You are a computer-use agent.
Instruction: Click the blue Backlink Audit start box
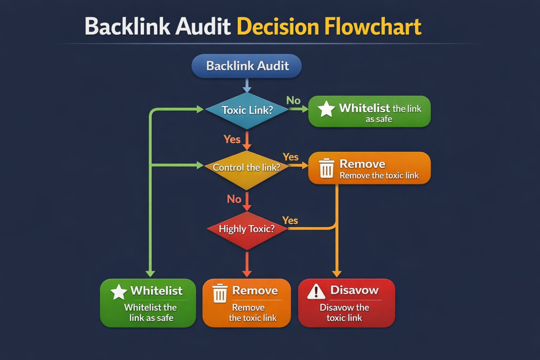click(246, 66)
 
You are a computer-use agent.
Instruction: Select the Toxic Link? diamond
click(246, 110)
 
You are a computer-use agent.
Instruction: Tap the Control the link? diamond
click(246, 168)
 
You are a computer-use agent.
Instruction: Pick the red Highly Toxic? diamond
click(246, 229)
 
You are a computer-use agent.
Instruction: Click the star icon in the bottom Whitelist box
click(119, 291)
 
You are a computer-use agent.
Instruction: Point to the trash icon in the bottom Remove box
click(219, 293)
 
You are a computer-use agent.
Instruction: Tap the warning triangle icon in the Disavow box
click(316, 291)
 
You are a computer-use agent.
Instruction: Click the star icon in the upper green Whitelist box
click(326, 109)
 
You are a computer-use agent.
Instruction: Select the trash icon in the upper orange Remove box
click(326, 168)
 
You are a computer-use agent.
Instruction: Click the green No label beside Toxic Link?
click(293, 100)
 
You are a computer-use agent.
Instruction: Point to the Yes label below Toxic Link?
click(232, 139)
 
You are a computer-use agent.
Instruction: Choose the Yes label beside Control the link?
click(291, 157)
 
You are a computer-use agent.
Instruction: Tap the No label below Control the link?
click(234, 199)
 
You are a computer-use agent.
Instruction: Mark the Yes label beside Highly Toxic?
click(290, 220)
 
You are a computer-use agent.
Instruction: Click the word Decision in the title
click(277, 26)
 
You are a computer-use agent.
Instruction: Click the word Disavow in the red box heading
click(354, 290)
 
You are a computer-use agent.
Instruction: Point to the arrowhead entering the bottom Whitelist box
click(150, 273)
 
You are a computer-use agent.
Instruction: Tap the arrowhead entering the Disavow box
click(336, 273)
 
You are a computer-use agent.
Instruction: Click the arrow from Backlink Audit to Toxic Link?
click(246, 85)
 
